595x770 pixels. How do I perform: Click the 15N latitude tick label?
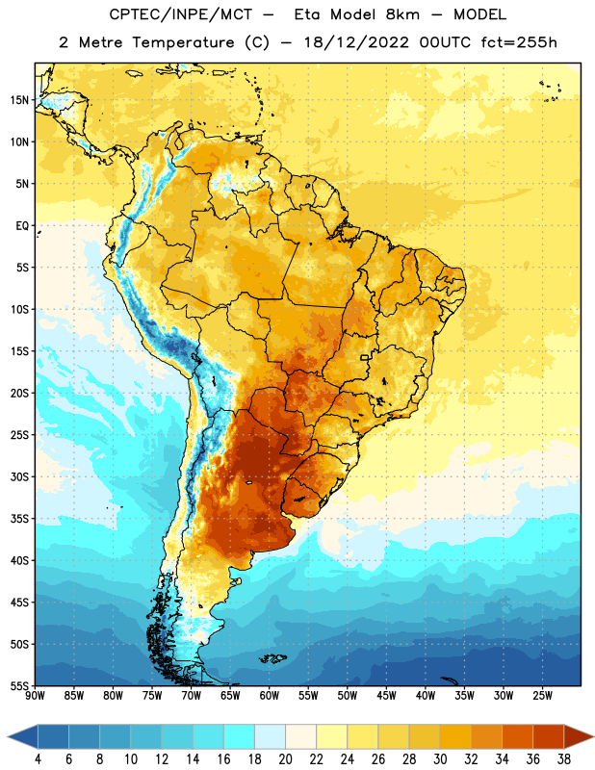tap(19, 100)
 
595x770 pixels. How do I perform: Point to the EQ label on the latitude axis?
tap(22, 226)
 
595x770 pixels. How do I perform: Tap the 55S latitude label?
tap(19, 686)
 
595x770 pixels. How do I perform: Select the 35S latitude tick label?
tap(19, 519)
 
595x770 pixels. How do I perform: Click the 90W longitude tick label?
tap(35, 696)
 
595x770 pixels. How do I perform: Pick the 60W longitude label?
tap(270, 696)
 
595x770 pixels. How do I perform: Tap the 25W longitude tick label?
tap(542, 696)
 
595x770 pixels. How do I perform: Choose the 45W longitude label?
tap(386, 696)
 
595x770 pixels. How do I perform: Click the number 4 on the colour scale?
tap(38, 759)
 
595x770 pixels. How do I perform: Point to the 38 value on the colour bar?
tap(564, 759)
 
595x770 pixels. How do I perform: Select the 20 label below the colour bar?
tap(285, 759)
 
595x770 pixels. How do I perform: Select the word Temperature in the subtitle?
tap(183, 42)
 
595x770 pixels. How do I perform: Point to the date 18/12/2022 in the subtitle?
tap(356, 42)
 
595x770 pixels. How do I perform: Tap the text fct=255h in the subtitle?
tap(519, 42)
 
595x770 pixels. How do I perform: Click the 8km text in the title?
tap(402, 14)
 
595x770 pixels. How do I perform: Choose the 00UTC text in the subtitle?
tap(446, 42)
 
